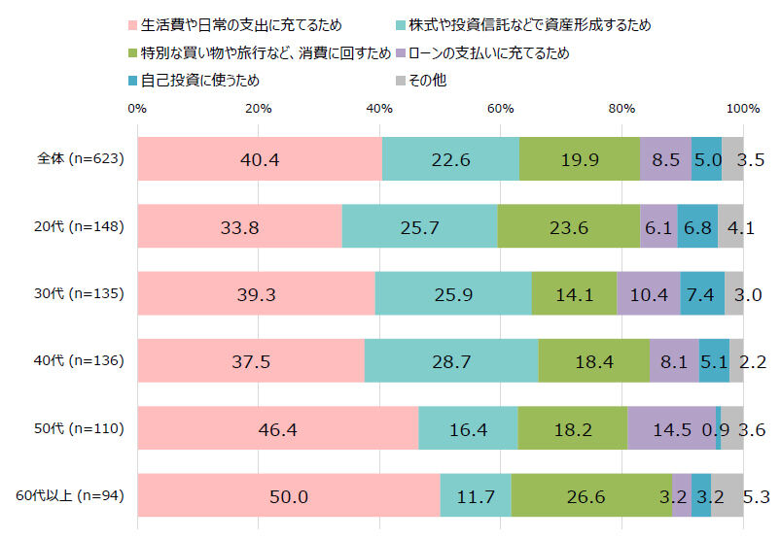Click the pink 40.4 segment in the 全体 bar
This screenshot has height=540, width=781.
259,159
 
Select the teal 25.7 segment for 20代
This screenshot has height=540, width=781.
419,226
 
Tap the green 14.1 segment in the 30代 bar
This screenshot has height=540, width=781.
574,293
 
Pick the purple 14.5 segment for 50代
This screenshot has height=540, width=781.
671,428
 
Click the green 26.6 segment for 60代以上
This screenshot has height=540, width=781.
591,496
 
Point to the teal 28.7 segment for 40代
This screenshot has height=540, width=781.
450,361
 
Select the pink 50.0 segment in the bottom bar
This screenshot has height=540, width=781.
289,496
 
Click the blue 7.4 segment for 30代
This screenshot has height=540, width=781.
702,293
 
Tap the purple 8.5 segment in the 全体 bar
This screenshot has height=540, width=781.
665,159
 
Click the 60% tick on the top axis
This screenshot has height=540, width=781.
500,109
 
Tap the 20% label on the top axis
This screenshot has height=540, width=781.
258,109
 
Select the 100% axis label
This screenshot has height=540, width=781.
743,109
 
